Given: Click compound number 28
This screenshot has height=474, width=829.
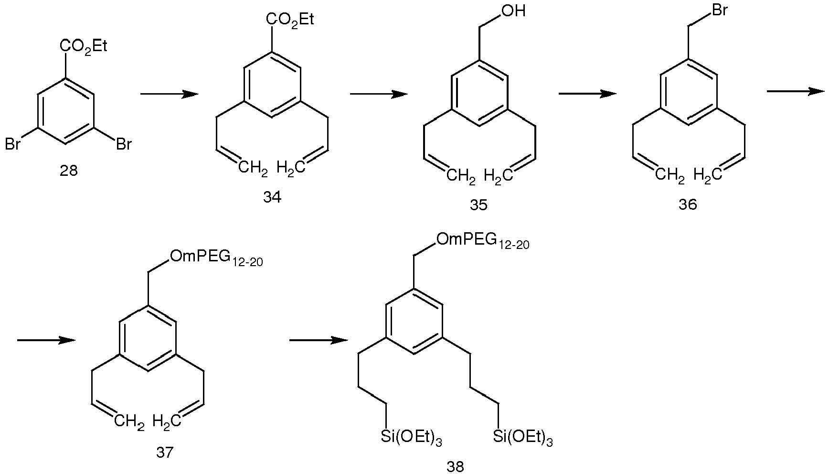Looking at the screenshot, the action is (x=68, y=171).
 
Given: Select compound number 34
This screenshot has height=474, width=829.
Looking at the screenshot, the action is (x=272, y=197).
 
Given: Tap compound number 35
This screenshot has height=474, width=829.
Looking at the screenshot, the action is (x=479, y=205).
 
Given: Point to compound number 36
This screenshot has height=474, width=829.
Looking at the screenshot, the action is (x=688, y=205).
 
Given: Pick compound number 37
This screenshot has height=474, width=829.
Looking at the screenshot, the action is (x=165, y=452).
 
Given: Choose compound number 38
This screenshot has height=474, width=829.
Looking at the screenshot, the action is (x=455, y=466).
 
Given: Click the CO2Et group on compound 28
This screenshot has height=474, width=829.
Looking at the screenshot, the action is (x=84, y=47).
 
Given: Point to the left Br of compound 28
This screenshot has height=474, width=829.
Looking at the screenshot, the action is (x=13, y=144).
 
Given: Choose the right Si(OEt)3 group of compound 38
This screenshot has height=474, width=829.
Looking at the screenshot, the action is (x=522, y=438).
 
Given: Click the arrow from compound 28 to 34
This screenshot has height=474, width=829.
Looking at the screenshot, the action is (x=170, y=94).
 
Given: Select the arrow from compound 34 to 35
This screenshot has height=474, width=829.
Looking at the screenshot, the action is (x=379, y=94).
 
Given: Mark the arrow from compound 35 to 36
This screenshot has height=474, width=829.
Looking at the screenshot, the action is (x=587, y=94).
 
